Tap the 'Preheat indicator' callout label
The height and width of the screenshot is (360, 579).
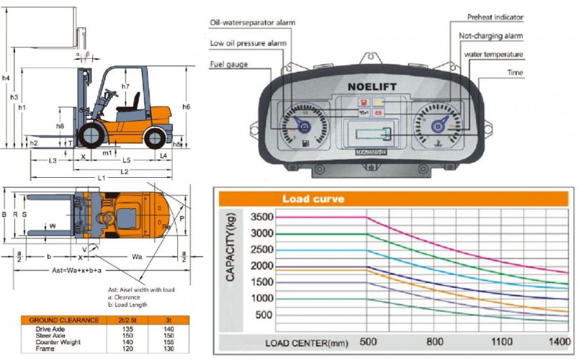(496, 17)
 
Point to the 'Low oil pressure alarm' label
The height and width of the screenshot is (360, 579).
(248, 42)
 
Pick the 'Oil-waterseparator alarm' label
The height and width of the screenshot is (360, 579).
(253, 22)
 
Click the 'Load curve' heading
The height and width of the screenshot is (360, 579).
(313, 198)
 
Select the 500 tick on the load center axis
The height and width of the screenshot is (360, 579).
(368, 342)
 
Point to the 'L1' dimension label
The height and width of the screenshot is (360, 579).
(101, 177)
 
